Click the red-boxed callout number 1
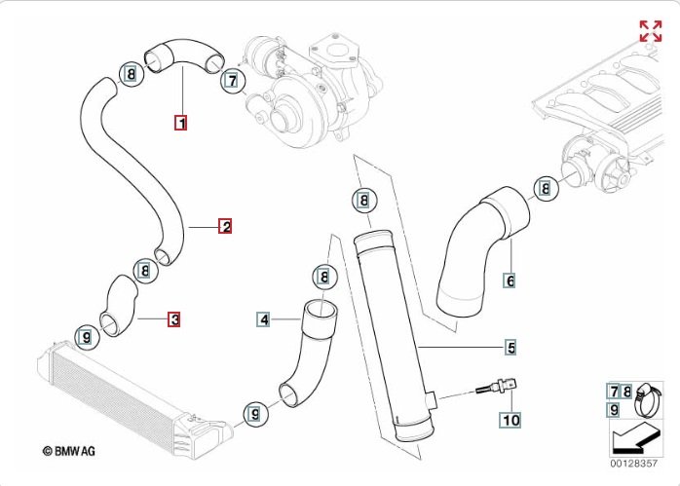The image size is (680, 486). click(x=181, y=123)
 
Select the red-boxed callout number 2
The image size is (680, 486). click(x=225, y=227)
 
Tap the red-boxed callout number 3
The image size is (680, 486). click(x=173, y=318)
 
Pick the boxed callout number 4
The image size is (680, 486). click(x=263, y=318)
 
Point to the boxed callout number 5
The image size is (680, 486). click(x=510, y=347)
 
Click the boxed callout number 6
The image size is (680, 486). click(x=509, y=280)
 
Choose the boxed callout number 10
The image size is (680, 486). click(x=510, y=420)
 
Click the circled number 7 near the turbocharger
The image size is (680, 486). click(x=231, y=81)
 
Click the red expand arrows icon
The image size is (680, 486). click(x=650, y=29)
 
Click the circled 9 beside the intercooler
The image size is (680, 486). click(x=86, y=337)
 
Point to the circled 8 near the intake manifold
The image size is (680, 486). click(x=546, y=188)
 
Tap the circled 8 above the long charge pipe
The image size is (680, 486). click(x=362, y=202)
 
